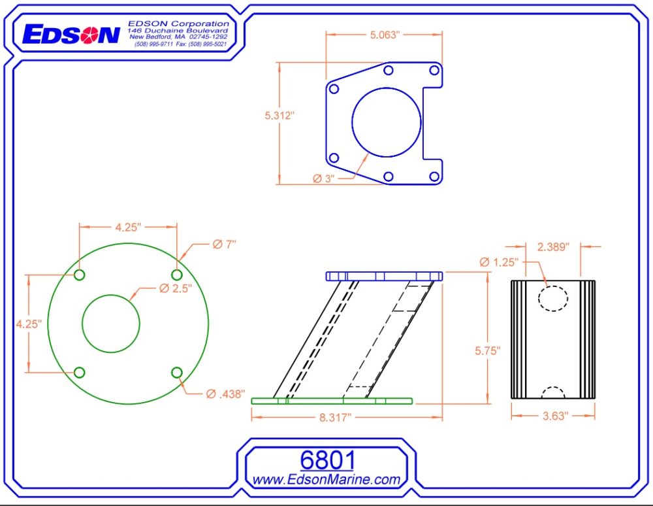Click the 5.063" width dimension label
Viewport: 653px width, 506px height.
[x=384, y=35]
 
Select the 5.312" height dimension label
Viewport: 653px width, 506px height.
[x=279, y=116]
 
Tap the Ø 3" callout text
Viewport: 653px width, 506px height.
[x=323, y=178]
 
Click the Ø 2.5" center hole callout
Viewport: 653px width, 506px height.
[x=174, y=288]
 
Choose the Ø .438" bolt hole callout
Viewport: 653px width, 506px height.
[x=225, y=394]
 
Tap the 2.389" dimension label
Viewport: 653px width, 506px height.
[x=553, y=246]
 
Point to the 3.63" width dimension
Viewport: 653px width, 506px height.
[x=552, y=415]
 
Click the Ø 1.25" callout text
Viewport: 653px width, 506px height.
[x=498, y=262]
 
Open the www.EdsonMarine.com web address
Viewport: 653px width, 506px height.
[x=326, y=480]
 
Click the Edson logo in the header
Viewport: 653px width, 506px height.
[x=71, y=35]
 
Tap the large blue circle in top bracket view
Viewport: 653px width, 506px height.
[x=386, y=122]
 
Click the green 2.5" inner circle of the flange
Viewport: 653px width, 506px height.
[x=111, y=324]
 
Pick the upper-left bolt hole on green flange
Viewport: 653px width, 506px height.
[x=79, y=275]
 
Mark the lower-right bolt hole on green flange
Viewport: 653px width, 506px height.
[x=176, y=373]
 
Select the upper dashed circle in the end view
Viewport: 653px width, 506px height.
[x=552, y=297]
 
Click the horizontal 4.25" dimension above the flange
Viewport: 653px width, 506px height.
[x=128, y=228]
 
